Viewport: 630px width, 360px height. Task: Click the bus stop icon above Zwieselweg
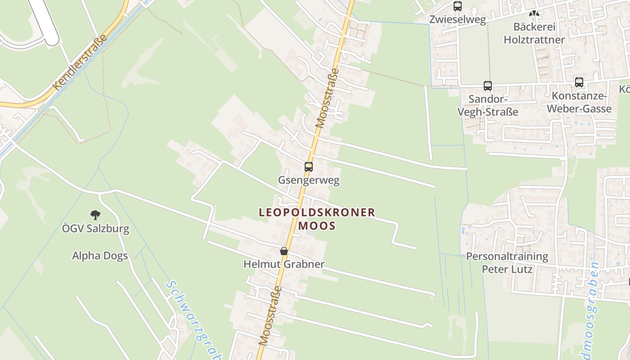pos(458,6)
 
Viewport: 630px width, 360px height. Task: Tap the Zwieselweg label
pos(458,20)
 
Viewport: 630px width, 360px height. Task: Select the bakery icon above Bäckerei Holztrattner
pos(534,13)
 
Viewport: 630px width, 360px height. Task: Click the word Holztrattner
pos(534,40)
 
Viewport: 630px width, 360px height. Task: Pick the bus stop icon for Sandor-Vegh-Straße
pos(488,85)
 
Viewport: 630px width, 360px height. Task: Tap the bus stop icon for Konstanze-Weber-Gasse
pos(579,82)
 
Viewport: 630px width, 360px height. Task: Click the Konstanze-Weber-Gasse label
pos(581,103)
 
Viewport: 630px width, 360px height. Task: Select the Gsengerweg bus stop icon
pos(309,167)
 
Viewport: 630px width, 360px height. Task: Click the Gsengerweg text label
pos(309,181)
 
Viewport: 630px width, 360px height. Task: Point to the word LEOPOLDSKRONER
pos(317,212)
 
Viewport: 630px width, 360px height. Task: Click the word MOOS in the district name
pos(317,225)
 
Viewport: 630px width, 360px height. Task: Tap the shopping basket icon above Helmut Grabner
pos(284,251)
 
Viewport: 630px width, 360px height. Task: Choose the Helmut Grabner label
pos(284,264)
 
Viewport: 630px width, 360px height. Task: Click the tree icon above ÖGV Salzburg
pos(95,215)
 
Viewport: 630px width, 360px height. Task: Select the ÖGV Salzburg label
pos(95,229)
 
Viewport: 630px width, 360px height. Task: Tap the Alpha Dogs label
pos(100,256)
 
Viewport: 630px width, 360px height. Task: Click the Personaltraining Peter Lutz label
pos(507,263)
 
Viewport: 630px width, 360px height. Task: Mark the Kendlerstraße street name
pos(80,62)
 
